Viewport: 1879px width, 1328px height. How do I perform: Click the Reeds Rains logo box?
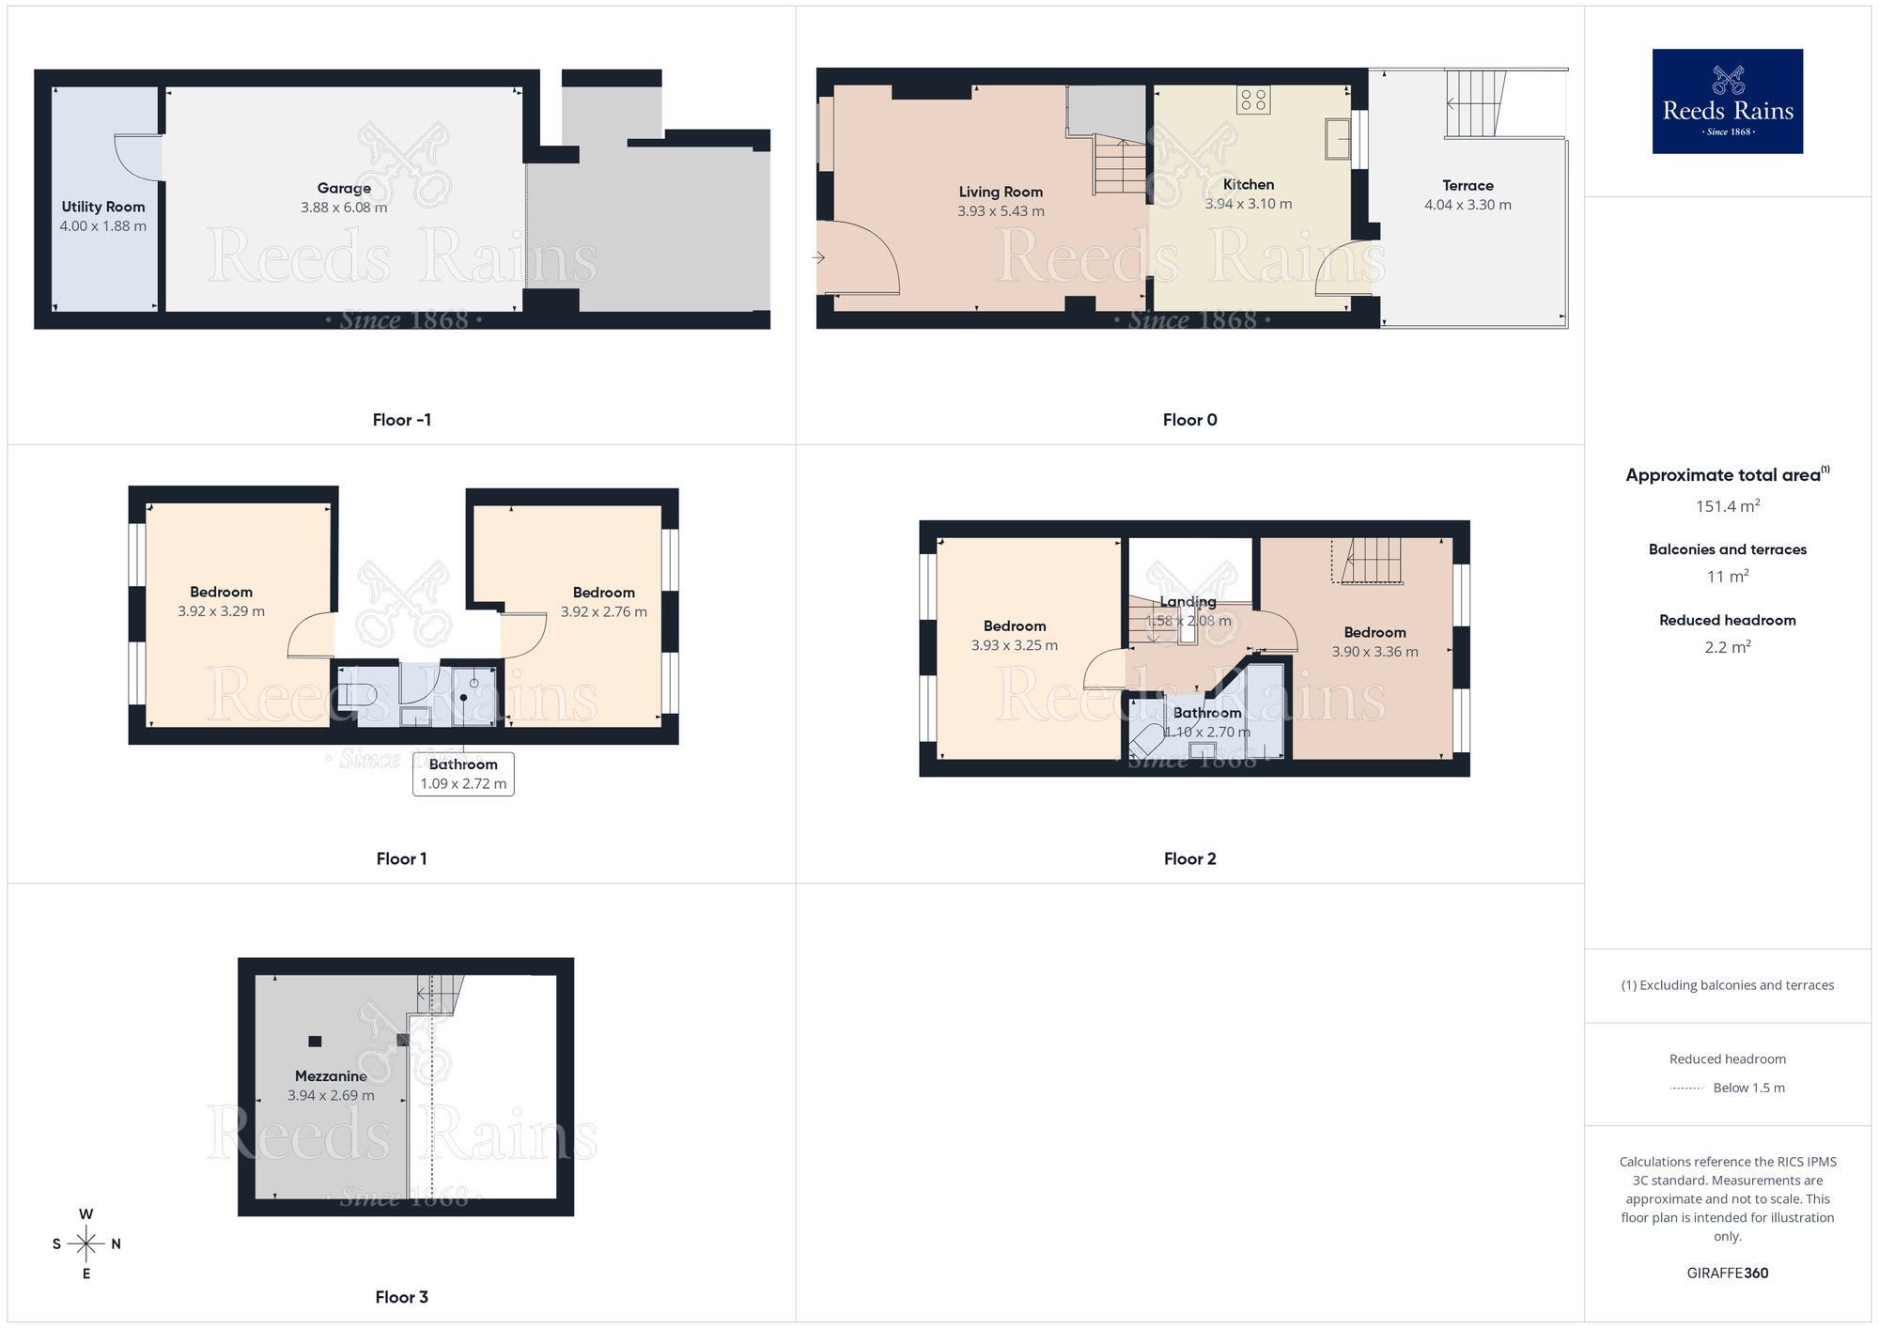tap(1727, 101)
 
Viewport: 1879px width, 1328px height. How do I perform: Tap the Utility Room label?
tap(103, 207)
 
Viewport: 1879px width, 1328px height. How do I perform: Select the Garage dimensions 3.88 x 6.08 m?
tap(344, 208)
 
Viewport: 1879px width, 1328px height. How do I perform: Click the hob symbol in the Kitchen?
tap(1253, 100)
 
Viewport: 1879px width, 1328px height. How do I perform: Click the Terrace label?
tap(1467, 186)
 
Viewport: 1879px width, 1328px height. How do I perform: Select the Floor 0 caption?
tap(1189, 420)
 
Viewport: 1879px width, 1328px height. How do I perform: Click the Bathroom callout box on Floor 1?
tap(463, 774)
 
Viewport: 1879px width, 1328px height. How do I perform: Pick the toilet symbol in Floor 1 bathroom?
tap(357, 696)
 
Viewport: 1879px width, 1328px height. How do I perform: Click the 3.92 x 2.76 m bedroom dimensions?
tap(603, 612)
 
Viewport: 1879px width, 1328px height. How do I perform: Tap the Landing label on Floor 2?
tap(1188, 602)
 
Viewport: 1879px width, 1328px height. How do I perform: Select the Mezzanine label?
tap(331, 1076)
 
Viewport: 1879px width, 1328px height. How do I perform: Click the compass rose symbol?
tap(86, 1244)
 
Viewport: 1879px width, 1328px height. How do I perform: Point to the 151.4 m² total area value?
tap(1727, 506)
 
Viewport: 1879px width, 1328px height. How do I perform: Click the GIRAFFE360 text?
tap(1727, 1274)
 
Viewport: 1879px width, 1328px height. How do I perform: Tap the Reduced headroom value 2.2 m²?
tap(1727, 647)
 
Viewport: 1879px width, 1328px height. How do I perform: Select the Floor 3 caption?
tap(401, 1297)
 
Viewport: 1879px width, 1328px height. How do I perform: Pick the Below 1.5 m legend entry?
tap(1747, 1089)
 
